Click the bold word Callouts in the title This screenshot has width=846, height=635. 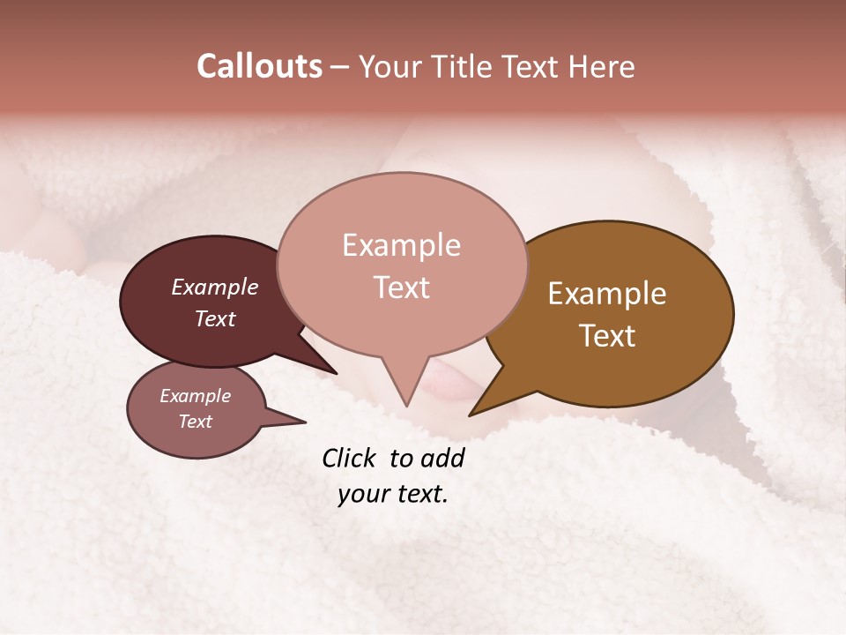pyautogui.click(x=259, y=66)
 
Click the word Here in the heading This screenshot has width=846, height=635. pyautogui.click(x=602, y=66)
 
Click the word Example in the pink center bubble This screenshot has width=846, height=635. pyautogui.click(x=401, y=245)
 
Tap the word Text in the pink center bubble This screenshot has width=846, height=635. pyautogui.click(x=401, y=288)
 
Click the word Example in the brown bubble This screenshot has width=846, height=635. pyautogui.click(x=607, y=294)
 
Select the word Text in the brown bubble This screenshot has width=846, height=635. pyautogui.click(x=607, y=336)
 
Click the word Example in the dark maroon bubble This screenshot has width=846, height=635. pyautogui.click(x=215, y=287)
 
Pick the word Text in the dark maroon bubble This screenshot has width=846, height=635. pyautogui.click(x=215, y=318)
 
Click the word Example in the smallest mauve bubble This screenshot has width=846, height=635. pyautogui.click(x=195, y=396)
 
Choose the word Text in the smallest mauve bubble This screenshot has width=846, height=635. pyautogui.click(x=195, y=422)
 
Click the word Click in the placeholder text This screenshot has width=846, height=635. pyautogui.click(x=349, y=458)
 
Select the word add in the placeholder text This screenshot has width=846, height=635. pyautogui.click(x=443, y=458)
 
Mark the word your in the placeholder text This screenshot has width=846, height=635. pyautogui.click(x=362, y=494)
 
